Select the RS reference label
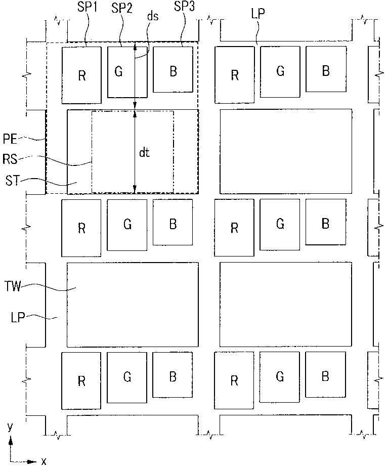pos(10,159)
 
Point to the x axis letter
pos(44,461)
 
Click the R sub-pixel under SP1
pos(81,75)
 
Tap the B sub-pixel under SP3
pos(173,71)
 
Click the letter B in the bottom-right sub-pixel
pos(325,376)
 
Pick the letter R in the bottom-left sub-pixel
pos(81,381)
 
